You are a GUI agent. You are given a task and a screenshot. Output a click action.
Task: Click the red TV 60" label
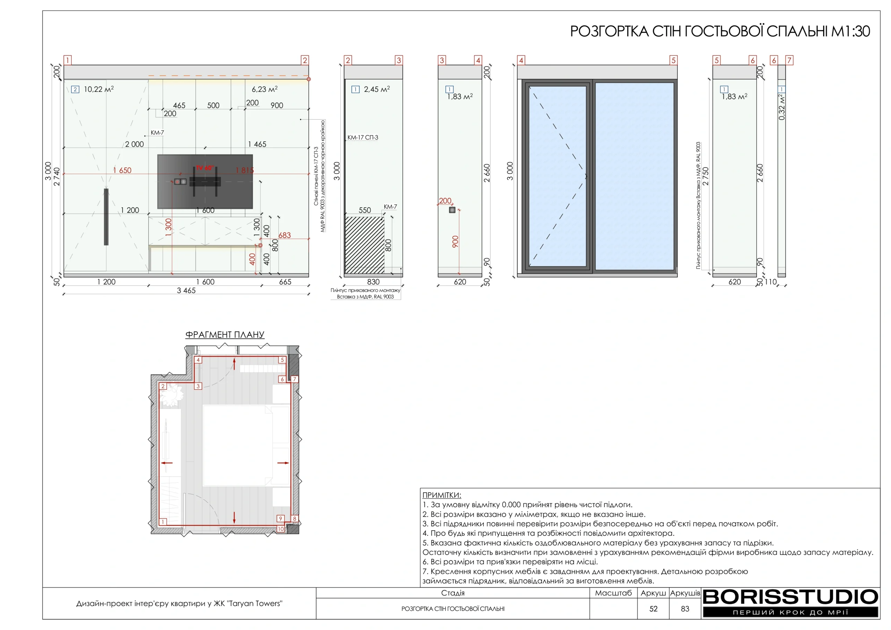(205, 168)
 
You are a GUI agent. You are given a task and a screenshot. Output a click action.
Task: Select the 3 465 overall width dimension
(186, 290)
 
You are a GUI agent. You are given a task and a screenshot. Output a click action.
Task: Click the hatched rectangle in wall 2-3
(365, 245)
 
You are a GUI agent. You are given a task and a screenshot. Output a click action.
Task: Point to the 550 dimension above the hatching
(365, 210)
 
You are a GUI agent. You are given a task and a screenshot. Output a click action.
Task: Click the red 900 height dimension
(455, 242)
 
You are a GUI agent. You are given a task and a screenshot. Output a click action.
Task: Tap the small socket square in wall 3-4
(452, 210)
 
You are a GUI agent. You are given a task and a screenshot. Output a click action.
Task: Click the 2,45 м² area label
(377, 89)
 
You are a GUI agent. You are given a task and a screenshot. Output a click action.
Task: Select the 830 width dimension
(373, 282)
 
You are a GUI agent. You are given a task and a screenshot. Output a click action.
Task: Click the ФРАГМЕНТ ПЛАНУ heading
(225, 334)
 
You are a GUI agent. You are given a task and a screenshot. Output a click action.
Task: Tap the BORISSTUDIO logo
(790, 603)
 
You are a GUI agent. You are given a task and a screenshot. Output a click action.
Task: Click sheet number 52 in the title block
(654, 609)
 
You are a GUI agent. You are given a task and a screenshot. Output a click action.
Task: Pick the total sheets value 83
(685, 609)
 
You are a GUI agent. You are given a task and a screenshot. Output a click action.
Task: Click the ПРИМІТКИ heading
(442, 495)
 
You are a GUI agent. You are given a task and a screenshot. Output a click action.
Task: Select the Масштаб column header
(614, 593)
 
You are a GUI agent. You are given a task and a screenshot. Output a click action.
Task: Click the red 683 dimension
(284, 235)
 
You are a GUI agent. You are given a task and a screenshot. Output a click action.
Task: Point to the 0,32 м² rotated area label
(782, 107)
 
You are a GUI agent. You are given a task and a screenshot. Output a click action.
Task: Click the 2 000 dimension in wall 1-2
(134, 144)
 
